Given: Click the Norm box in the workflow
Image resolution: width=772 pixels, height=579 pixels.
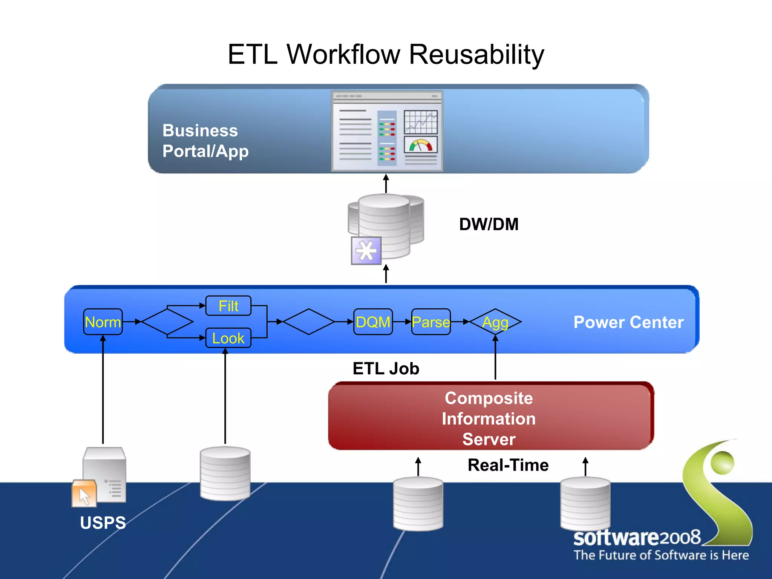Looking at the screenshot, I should coord(103,322).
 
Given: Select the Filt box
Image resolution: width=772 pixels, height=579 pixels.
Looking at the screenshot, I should coord(228,306).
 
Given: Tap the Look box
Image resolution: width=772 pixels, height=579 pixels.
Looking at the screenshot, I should coord(228,338).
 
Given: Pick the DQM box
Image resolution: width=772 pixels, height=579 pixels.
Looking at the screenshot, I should coord(373,322).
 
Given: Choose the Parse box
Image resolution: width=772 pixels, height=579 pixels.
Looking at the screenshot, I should coord(431,322).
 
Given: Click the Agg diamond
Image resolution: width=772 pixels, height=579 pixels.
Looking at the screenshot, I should coord(495,322).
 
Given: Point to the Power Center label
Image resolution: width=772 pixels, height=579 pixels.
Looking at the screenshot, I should coord(628,322).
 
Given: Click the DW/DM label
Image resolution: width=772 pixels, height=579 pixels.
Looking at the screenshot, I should coord(489,224).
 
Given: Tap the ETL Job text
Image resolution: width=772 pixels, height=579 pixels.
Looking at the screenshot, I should coord(386,369).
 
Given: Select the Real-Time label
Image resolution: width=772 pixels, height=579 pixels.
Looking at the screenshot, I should coord(508,465).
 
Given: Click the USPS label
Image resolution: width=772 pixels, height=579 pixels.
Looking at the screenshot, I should coord(103,523).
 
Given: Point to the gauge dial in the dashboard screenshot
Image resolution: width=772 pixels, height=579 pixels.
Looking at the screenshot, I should coord(421,145).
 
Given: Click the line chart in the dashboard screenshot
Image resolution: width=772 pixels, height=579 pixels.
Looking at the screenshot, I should coord(421,122).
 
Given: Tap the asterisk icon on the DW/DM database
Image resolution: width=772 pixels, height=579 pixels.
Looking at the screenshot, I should coord(366,251).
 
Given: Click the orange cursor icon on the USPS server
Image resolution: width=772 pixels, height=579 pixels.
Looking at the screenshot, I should coord(84,493).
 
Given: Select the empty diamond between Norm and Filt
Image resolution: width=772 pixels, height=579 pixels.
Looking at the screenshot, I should coord(167,322).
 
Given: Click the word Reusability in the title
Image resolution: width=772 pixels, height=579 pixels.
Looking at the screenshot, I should coord(476,55).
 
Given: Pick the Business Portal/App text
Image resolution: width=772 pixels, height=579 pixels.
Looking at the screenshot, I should coord(205,141).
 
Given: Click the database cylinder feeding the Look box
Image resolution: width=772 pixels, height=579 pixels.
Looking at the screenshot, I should coord(225,473).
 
